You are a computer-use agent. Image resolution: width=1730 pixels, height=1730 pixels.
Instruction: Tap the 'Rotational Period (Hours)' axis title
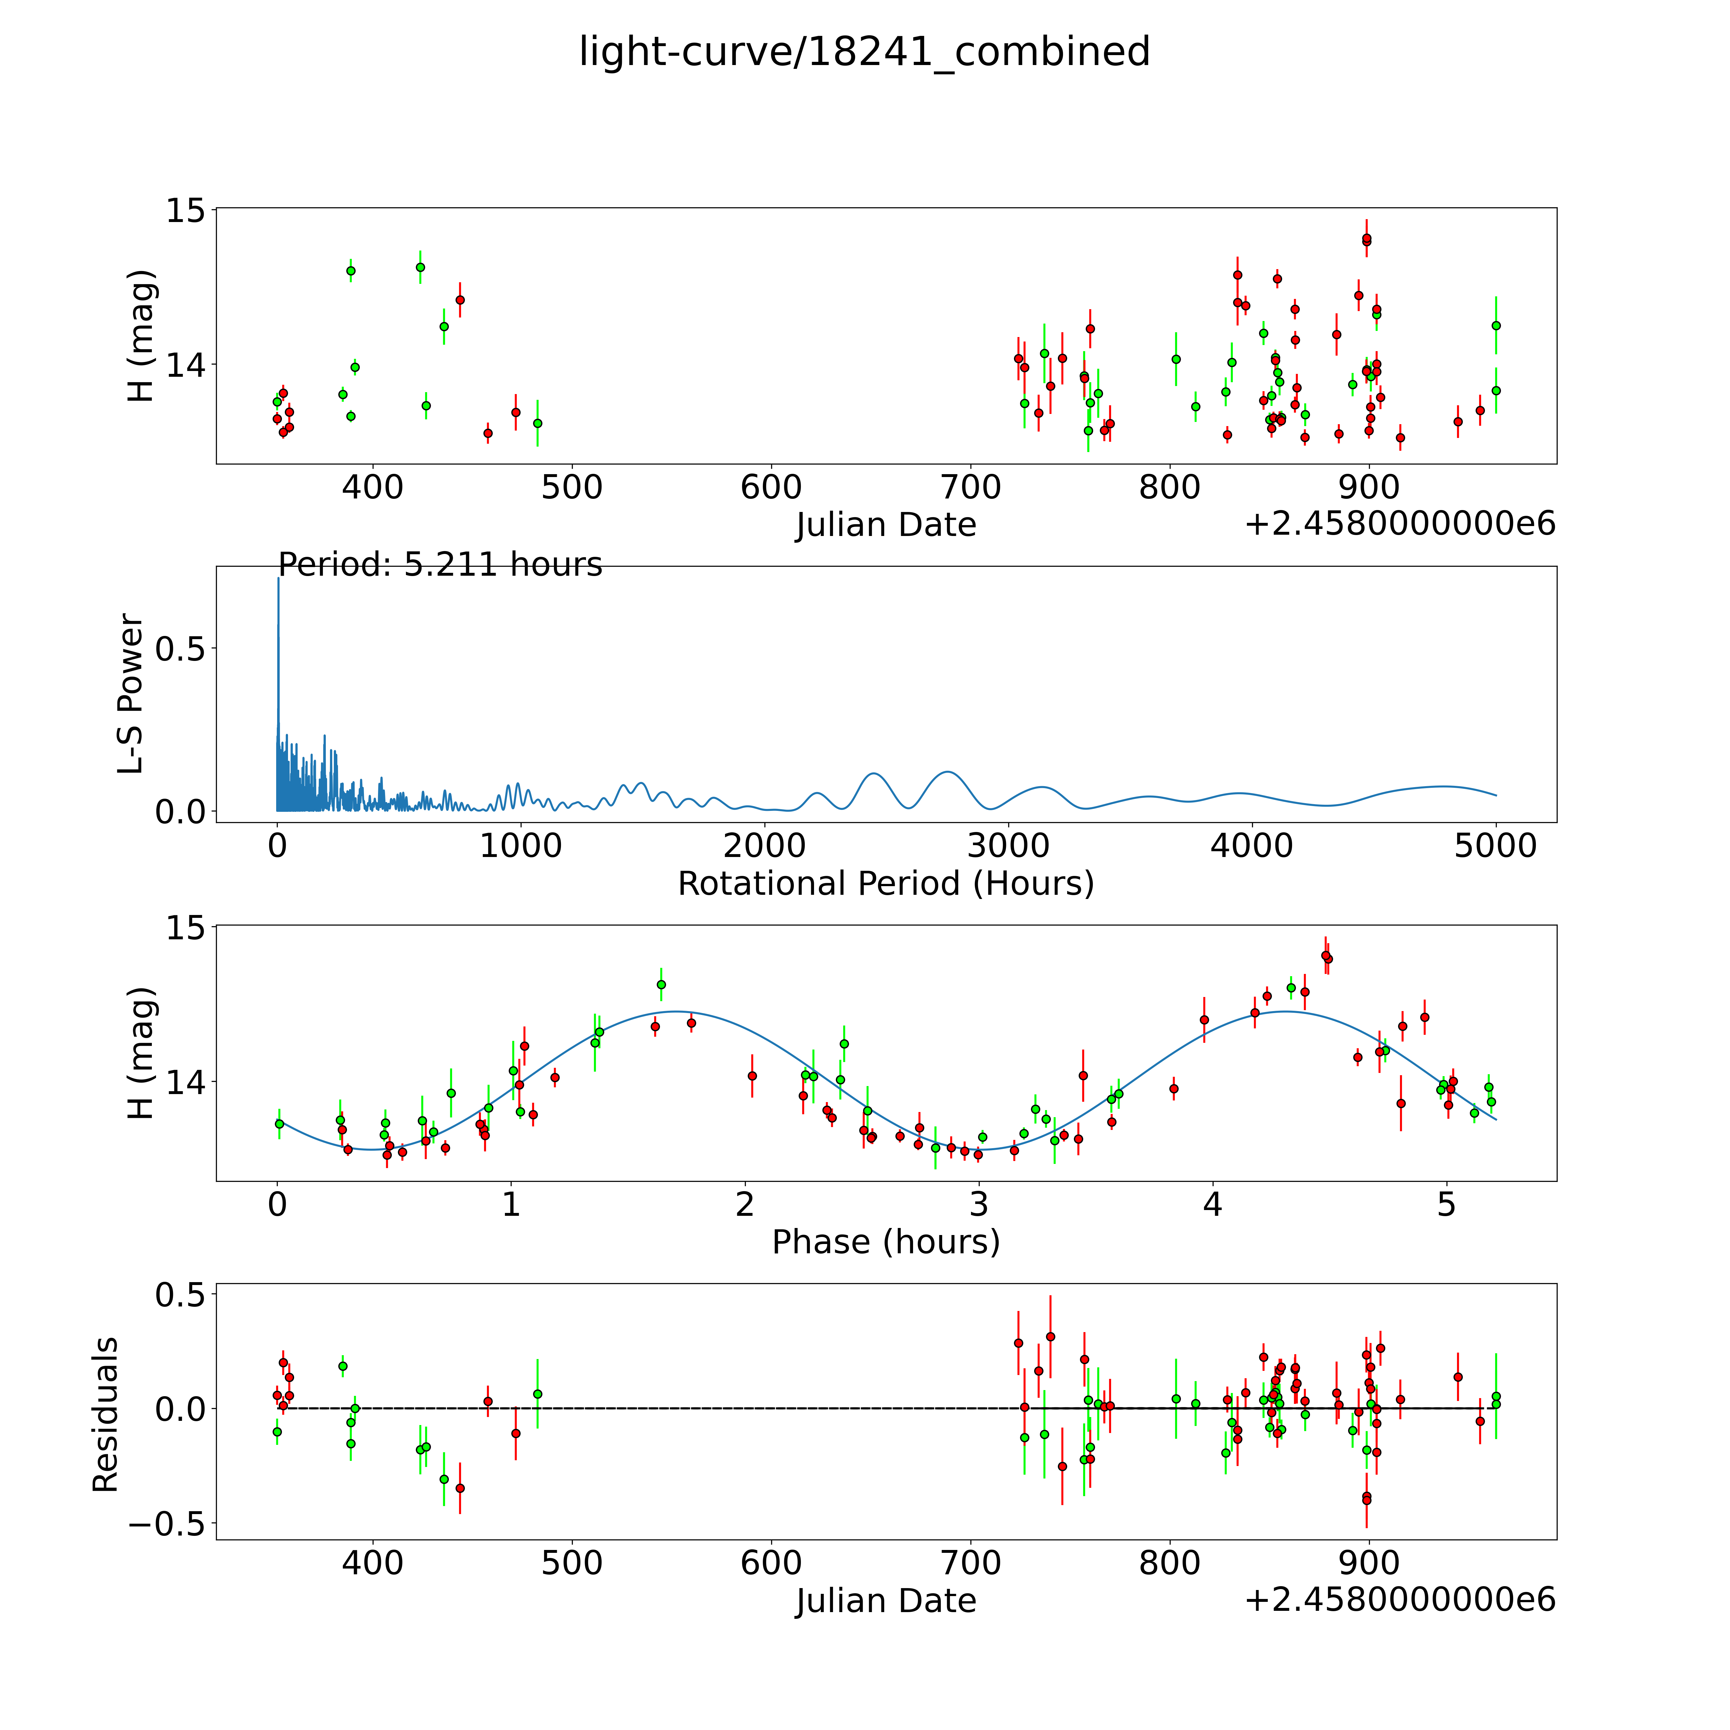click(x=886, y=884)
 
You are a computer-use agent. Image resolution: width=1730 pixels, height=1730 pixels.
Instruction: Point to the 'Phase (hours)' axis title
click(x=886, y=1242)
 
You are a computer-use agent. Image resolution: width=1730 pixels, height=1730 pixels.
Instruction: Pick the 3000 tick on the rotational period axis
click(x=1008, y=845)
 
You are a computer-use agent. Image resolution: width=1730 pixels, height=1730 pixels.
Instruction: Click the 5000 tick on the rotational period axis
click(x=1495, y=845)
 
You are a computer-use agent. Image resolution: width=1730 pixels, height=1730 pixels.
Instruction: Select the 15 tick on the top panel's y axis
click(x=185, y=210)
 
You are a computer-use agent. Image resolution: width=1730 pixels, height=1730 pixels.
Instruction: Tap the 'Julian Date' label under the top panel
click(x=886, y=525)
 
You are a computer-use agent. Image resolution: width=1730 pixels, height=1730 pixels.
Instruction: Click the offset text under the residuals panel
click(x=1400, y=1599)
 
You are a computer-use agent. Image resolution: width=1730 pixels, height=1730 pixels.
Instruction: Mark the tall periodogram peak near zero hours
click(x=278, y=579)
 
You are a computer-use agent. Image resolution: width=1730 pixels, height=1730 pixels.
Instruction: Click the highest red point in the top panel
click(x=1366, y=239)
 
